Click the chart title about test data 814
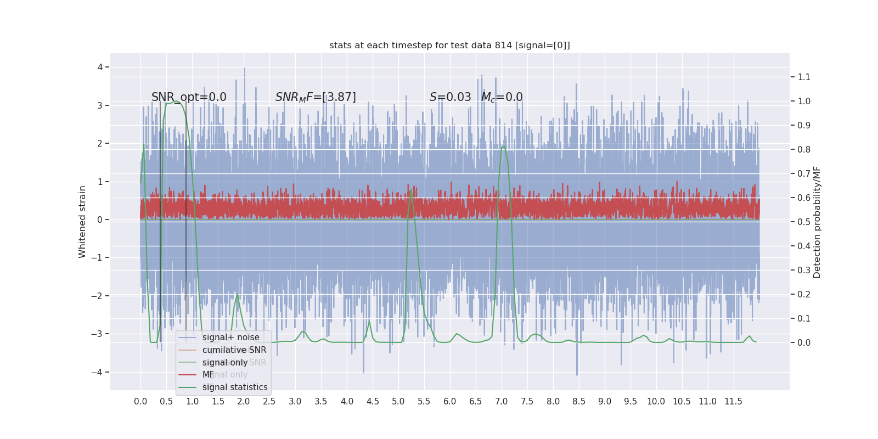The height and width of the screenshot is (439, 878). (449, 46)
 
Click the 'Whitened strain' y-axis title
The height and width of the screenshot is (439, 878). (82, 222)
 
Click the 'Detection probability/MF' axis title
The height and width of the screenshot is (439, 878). (817, 222)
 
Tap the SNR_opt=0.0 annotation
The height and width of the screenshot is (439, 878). (189, 97)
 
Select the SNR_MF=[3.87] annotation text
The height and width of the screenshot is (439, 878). (316, 97)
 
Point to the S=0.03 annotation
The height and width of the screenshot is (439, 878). (450, 97)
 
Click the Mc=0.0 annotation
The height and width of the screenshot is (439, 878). (502, 97)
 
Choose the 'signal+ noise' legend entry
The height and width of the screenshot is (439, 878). (230, 337)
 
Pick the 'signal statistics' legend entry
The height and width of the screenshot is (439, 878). (235, 387)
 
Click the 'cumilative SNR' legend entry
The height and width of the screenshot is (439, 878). (234, 350)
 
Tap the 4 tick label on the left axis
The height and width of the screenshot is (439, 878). (100, 67)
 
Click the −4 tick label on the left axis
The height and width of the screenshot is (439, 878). (98, 372)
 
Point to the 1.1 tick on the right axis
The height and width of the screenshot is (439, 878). (804, 77)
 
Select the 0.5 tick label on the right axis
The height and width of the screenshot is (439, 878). (804, 222)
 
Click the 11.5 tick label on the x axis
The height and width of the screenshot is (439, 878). (733, 402)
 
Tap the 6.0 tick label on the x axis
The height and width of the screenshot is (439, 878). (449, 402)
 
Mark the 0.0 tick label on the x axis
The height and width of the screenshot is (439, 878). (140, 402)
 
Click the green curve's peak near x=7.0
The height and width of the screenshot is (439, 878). (503, 147)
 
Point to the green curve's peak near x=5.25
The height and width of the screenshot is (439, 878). (411, 190)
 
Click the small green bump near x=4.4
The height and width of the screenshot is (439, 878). (369, 321)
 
